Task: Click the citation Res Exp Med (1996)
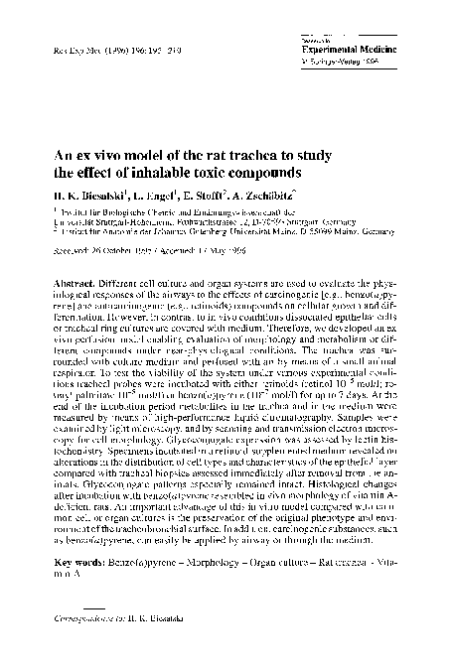[88, 47]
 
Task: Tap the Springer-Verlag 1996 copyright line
[338, 58]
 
